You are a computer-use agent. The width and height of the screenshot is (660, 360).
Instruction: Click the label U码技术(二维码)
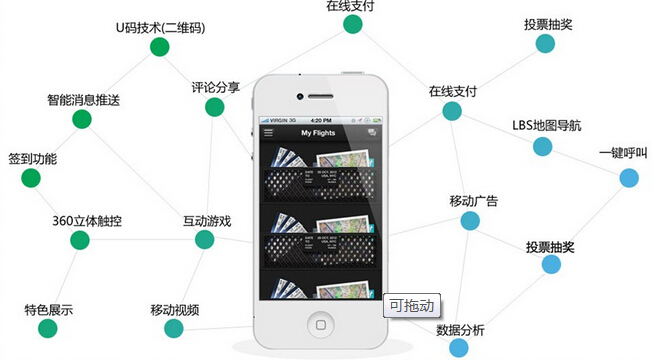(161, 27)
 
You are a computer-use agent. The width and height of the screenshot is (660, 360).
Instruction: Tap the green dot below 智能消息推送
(82, 120)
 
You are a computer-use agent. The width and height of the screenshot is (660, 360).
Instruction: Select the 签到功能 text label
(32, 159)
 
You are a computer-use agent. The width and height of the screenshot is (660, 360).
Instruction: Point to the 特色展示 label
(48, 310)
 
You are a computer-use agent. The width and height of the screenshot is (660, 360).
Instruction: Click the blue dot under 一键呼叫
(628, 177)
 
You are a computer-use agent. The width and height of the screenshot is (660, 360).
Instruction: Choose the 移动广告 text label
(473, 202)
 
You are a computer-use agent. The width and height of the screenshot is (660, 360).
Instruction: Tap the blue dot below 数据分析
(458, 348)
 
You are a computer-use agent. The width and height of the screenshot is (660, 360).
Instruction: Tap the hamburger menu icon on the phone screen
(268, 133)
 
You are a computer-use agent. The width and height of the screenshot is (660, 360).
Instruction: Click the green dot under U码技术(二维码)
(158, 47)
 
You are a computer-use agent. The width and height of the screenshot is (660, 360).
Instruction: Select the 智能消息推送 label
(83, 100)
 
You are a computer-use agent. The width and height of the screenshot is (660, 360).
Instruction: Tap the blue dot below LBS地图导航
(542, 147)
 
